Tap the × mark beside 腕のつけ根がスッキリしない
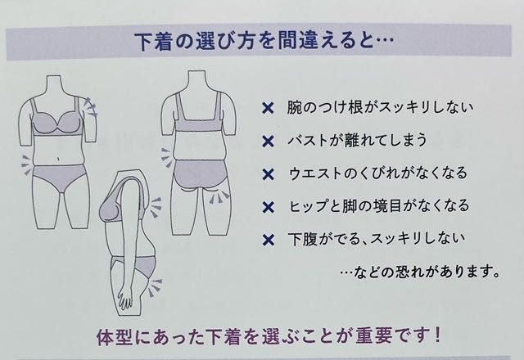tap(268, 108)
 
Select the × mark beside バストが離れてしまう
tap(268, 142)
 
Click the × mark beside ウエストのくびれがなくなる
tap(268, 174)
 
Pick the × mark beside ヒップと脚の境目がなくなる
tap(268, 207)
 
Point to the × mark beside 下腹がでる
tap(268, 240)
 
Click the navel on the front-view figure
tap(59, 159)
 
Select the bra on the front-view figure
tap(56, 119)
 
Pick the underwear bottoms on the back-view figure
tap(200, 175)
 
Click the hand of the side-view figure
tap(124, 297)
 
